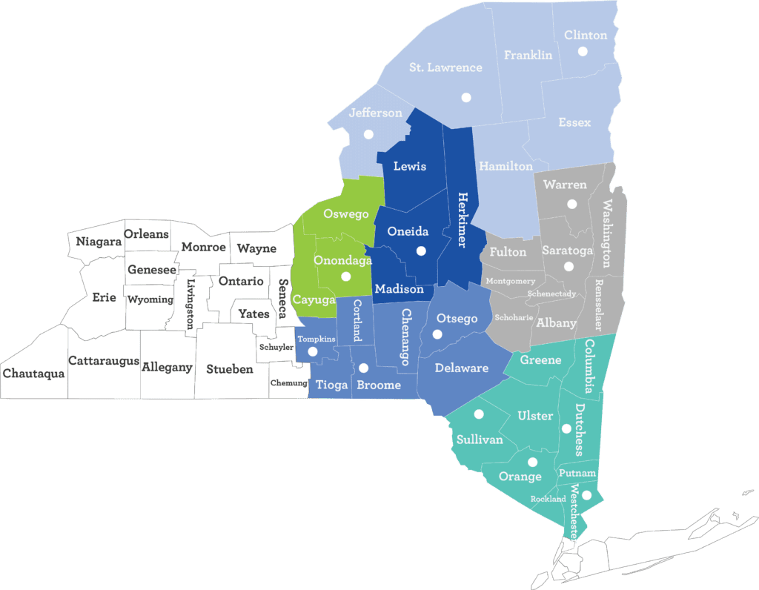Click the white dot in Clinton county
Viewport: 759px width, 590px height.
[x=583, y=51]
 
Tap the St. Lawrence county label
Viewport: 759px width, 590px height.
[x=445, y=67]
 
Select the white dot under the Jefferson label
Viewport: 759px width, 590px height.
[x=368, y=134]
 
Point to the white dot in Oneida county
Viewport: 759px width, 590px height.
[x=421, y=251]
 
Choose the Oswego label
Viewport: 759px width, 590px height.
[x=346, y=214]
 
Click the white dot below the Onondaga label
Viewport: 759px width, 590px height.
[x=345, y=276]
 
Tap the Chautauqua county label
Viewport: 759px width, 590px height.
[x=33, y=374]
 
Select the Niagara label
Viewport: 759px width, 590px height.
[x=99, y=241]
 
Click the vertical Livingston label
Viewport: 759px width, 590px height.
[x=190, y=303]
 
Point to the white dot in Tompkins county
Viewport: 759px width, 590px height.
[x=312, y=351]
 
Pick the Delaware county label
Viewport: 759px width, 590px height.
[x=462, y=368]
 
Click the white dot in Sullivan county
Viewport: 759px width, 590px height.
[x=479, y=414]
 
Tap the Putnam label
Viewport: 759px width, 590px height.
[x=577, y=473]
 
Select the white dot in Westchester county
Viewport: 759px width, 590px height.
[x=586, y=495]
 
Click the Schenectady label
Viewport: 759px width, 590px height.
[x=551, y=294]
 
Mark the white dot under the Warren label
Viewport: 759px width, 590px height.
[x=571, y=204]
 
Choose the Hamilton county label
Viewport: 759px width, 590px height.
[x=506, y=167]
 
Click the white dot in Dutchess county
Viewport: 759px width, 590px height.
[x=566, y=428]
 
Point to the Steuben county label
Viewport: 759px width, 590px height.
[x=230, y=368]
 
